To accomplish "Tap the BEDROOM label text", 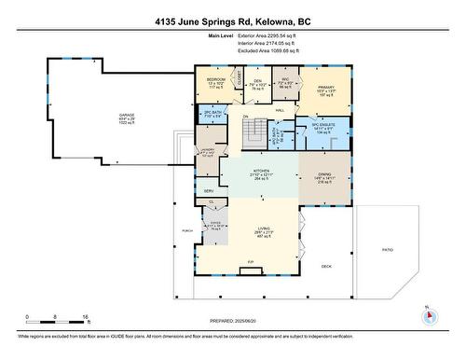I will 215,80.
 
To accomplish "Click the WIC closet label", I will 288,80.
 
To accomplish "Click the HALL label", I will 279,109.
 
